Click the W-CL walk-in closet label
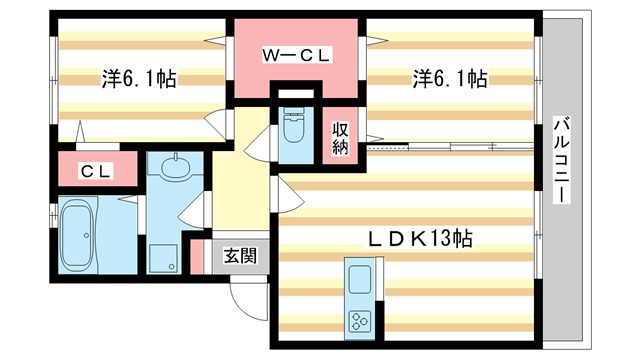click(x=295, y=57)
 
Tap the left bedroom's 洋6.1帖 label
click(x=138, y=78)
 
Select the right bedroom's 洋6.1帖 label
click(x=451, y=78)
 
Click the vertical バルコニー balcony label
click(x=563, y=161)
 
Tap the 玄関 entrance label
click(x=238, y=256)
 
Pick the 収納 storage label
click(x=341, y=138)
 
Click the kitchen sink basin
click(x=358, y=277)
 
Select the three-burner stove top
click(x=359, y=321)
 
